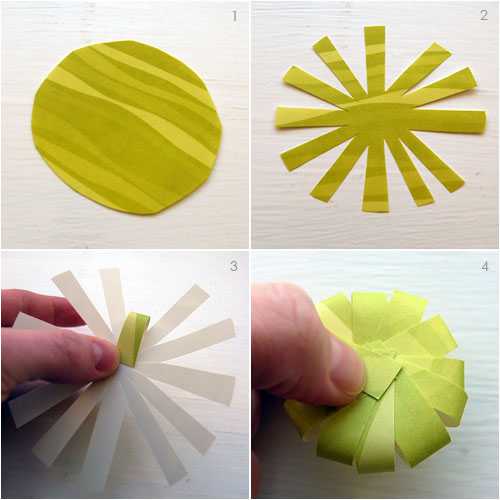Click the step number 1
(x=235, y=16)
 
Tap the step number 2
(x=484, y=15)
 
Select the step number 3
(x=234, y=266)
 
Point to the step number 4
(x=485, y=266)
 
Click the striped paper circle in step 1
(x=127, y=128)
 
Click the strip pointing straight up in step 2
(x=375, y=60)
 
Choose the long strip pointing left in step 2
(x=310, y=117)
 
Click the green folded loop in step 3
(x=133, y=338)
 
